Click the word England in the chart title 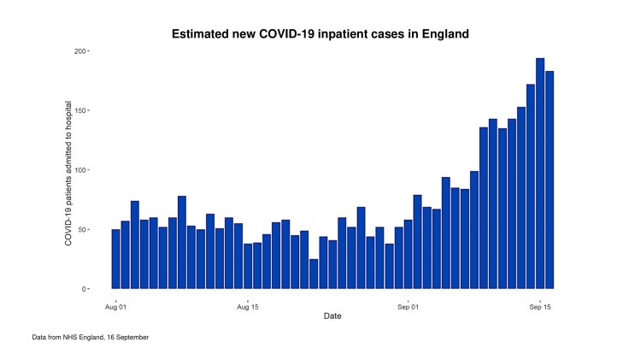click(x=441, y=34)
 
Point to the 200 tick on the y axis click(x=79, y=51)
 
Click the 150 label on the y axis click(x=79, y=110)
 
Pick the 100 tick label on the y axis click(x=79, y=170)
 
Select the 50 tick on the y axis click(x=82, y=229)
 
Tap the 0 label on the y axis click(x=84, y=289)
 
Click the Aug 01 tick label click(x=115, y=304)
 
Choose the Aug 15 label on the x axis click(x=248, y=304)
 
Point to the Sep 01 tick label click(x=408, y=304)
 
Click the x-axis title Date click(x=332, y=316)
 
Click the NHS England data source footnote click(x=91, y=338)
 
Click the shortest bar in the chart click(x=314, y=274)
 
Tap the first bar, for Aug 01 click(x=115, y=259)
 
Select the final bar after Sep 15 click(x=550, y=180)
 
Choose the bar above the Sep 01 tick click(x=408, y=254)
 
